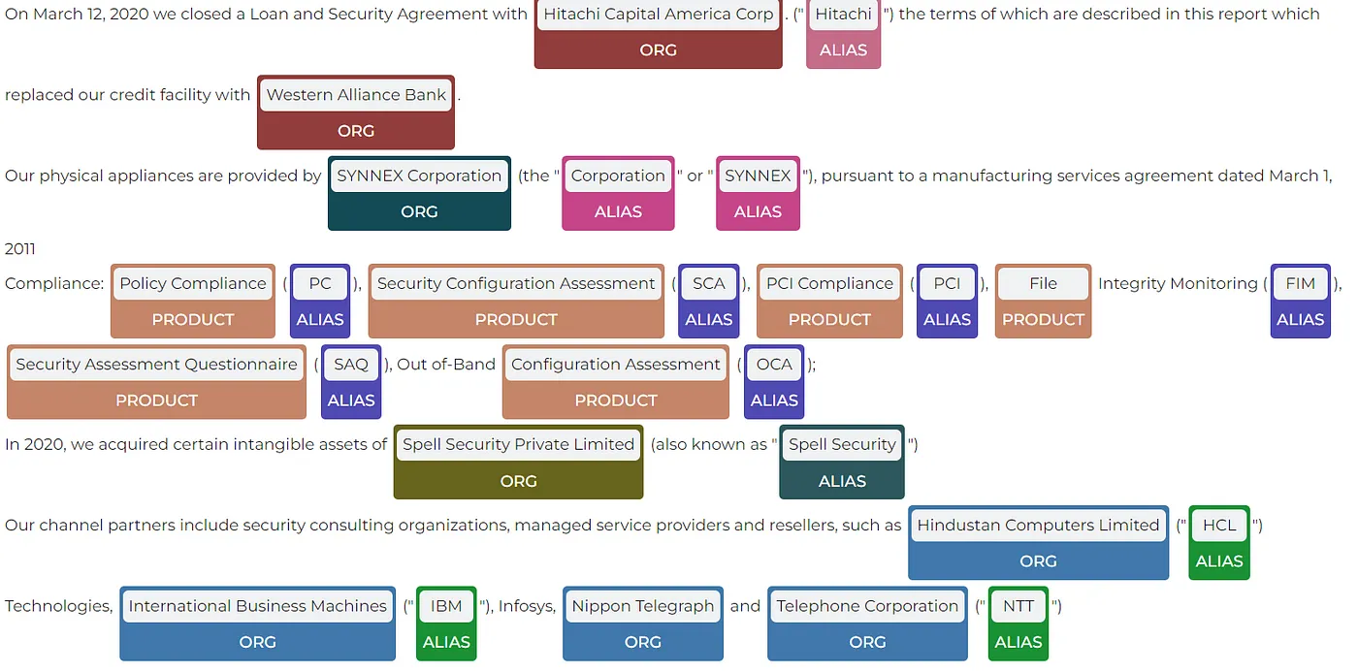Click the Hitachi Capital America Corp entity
click(x=658, y=32)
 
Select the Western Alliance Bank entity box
click(x=356, y=112)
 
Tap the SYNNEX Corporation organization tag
click(x=419, y=193)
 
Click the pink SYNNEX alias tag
click(x=758, y=193)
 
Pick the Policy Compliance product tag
click(x=193, y=301)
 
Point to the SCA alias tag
click(x=708, y=301)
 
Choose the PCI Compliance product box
click(x=829, y=301)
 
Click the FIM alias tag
click(x=1300, y=301)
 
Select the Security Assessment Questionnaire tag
click(x=156, y=381)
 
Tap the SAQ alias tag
click(x=350, y=381)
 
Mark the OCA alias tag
click(x=774, y=381)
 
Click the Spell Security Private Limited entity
click(x=518, y=462)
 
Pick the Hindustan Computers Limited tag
click(x=1038, y=542)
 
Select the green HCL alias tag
click(x=1219, y=542)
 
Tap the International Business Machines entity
click(x=257, y=624)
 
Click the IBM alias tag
click(x=446, y=624)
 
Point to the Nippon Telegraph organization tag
click(x=642, y=624)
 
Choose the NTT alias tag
click(x=1018, y=624)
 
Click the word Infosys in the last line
click(x=527, y=607)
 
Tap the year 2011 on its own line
click(x=20, y=249)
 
